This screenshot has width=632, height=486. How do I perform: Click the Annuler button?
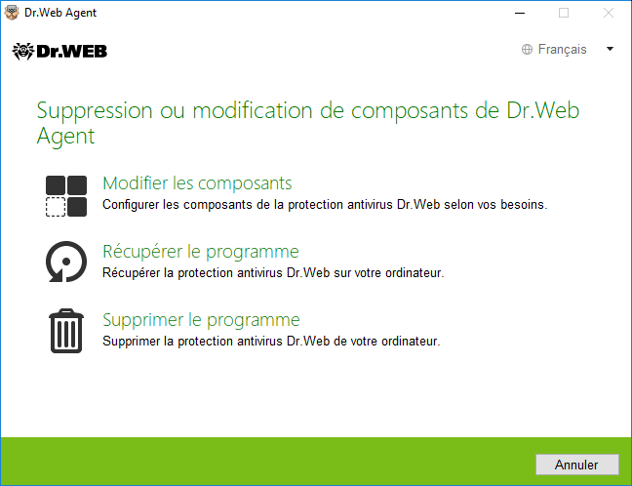tap(576, 465)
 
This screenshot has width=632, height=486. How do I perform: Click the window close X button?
tap(609, 13)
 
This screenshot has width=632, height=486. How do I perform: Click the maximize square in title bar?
tap(564, 13)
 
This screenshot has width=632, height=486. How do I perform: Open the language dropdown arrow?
tap(610, 49)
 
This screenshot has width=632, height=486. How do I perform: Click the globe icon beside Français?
tap(527, 49)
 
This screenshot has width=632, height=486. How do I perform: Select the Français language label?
tap(563, 49)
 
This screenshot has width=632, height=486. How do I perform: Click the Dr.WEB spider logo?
tap(22, 51)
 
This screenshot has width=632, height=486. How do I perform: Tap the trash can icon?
tap(66, 331)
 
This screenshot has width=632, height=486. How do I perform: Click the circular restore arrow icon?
tap(66, 262)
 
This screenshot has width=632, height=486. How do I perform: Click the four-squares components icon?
tap(66, 196)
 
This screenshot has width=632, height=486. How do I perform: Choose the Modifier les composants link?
tap(197, 183)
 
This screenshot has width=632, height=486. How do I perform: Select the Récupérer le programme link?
tap(201, 252)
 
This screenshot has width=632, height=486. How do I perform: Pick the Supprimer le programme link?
tap(201, 320)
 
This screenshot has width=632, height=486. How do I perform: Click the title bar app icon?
tap(12, 13)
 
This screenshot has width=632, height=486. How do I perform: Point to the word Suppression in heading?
tap(95, 110)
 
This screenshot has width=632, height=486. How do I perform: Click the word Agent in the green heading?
tap(65, 136)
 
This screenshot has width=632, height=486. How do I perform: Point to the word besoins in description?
tap(524, 205)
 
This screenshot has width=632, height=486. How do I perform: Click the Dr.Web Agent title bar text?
tap(60, 13)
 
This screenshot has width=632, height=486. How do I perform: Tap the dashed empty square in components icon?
tap(56, 207)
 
